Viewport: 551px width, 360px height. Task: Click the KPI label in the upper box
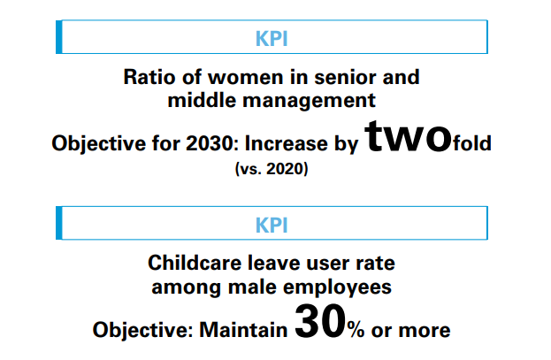click(x=272, y=38)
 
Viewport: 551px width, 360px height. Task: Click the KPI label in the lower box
click(x=272, y=225)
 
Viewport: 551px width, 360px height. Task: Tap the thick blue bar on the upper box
click(x=59, y=37)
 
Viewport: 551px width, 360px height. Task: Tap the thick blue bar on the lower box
click(x=59, y=223)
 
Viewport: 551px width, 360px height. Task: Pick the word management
click(x=309, y=101)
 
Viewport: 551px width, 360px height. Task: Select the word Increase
click(x=286, y=143)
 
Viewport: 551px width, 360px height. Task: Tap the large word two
click(x=408, y=136)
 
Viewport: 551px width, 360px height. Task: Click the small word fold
click(x=472, y=143)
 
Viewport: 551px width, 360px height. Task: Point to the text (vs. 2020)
click(x=272, y=169)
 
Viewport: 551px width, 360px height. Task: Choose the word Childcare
click(x=195, y=263)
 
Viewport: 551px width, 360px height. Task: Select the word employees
click(x=337, y=287)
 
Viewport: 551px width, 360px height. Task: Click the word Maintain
click(x=243, y=331)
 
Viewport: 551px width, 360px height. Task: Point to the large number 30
click(x=320, y=322)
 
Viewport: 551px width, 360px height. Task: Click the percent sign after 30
click(x=356, y=331)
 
